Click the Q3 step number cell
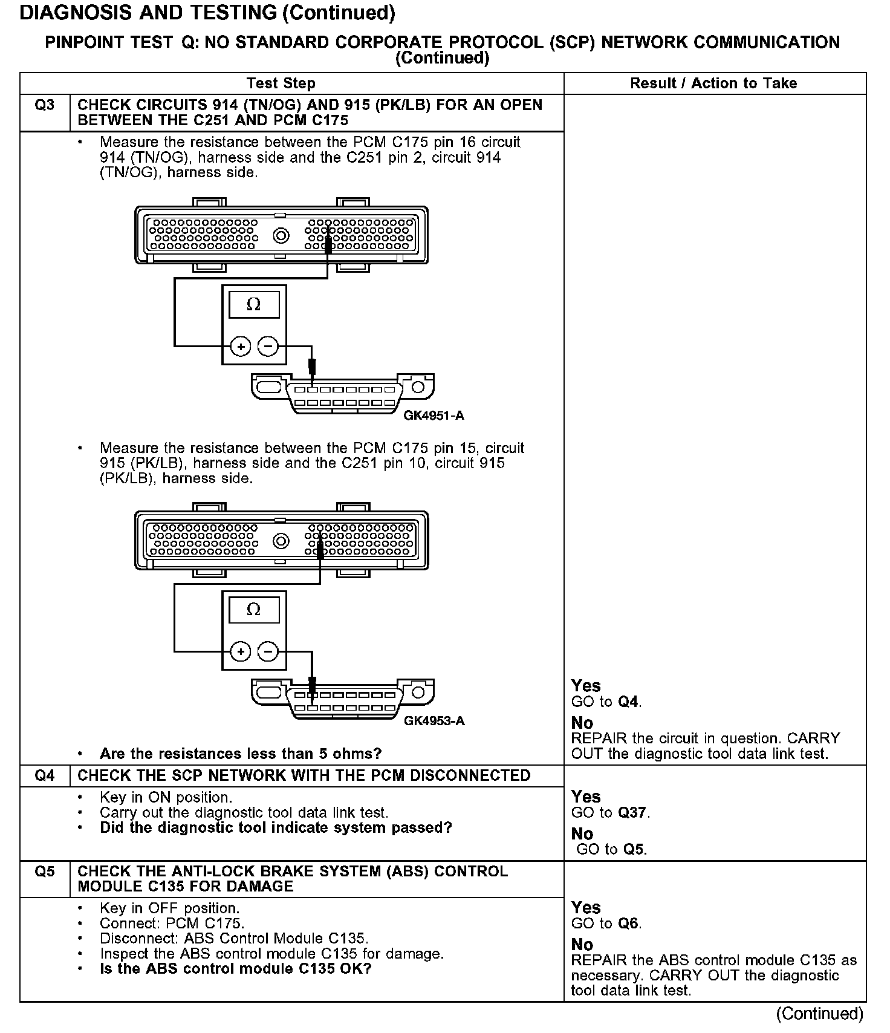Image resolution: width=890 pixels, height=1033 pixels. pyautogui.click(x=45, y=106)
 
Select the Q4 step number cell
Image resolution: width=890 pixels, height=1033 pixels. pyautogui.click(x=45, y=776)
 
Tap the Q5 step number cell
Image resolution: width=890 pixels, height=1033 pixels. pyautogui.click(x=45, y=872)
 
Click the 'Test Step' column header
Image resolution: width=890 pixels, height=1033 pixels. pyautogui.click(x=281, y=83)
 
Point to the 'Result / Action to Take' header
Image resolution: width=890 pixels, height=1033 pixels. pyautogui.click(x=713, y=83)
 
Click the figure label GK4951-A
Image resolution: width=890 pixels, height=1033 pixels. pyautogui.click(x=434, y=416)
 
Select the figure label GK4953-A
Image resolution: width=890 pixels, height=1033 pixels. pyautogui.click(x=434, y=722)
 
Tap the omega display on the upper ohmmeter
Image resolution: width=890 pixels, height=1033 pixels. pyautogui.click(x=254, y=305)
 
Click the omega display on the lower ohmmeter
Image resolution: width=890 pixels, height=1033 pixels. pyautogui.click(x=254, y=610)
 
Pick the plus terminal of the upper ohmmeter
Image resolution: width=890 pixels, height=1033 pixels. pyautogui.click(x=241, y=347)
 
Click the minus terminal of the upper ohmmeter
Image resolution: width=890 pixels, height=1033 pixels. pyautogui.click(x=268, y=347)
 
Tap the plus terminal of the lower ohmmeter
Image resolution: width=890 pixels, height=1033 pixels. pyautogui.click(x=241, y=651)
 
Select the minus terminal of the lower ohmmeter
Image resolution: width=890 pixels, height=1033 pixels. pyautogui.click(x=268, y=651)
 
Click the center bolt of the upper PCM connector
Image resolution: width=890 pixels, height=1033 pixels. pyautogui.click(x=281, y=235)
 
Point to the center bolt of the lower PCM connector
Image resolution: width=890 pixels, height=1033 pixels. pyautogui.click(x=281, y=541)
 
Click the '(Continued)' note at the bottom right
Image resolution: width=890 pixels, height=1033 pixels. pyautogui.click(x=820, y=1013)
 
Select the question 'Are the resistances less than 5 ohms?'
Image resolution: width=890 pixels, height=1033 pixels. pyautogui.click(x=241, y=754)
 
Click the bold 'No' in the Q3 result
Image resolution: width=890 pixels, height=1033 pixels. pyautogui.click(x=582, y=723)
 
